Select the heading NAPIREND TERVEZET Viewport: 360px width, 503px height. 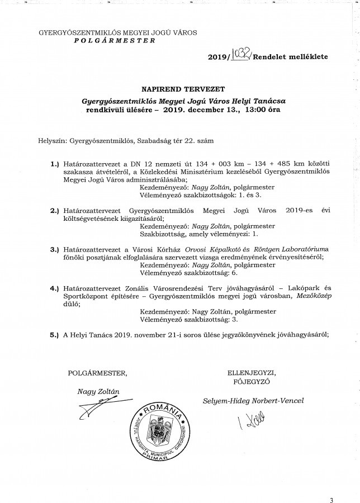tap(179, 88)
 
